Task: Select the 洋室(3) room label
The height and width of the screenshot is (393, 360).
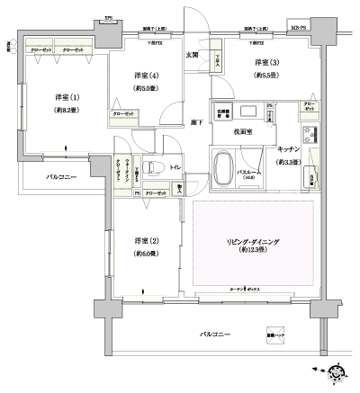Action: (265, 62)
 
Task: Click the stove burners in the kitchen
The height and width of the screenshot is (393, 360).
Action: (311, 136)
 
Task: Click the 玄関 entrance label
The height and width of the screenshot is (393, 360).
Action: (192, 56)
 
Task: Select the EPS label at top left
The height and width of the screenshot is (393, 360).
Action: (109, 16)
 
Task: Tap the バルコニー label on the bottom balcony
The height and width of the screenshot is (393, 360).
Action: (216, 335)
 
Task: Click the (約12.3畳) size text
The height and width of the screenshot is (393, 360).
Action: (254, 253)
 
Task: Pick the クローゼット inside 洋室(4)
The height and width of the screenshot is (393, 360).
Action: (124, 114)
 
